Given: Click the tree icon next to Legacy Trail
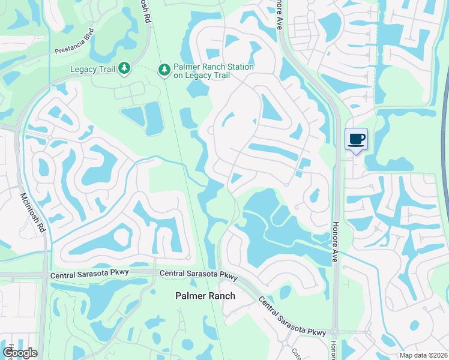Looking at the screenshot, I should click(124, 69).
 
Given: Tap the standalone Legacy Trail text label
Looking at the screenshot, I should click(92, 70).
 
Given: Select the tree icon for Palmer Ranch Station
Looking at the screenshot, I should click(164, 70).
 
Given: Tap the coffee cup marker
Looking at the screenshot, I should click(356, 139).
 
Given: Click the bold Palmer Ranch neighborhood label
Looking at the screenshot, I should click(205, 296).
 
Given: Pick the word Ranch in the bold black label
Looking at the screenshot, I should click(221, 296).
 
